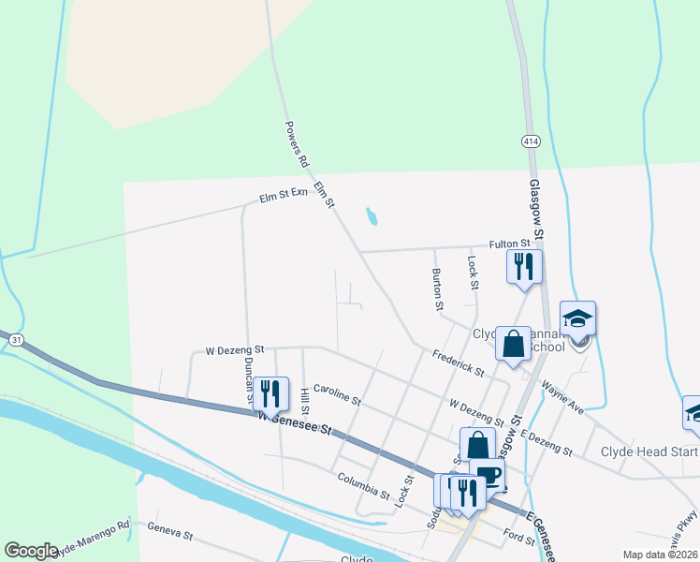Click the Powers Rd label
click(297, 143)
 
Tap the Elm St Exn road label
click(284, 199)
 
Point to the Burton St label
click(437, 289)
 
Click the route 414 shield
click(531, 141)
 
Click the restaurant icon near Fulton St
click(524, 266)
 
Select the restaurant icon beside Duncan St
click(270, 392)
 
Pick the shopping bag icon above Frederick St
click(513, 343)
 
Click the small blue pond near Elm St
click(372, 217)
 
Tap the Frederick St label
click(458, 363)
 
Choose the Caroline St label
click(337, 393)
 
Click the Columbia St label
click(363, 485)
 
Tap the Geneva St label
click(169, 532)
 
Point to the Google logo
click(31, 550)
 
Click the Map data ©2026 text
click(660, 555)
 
